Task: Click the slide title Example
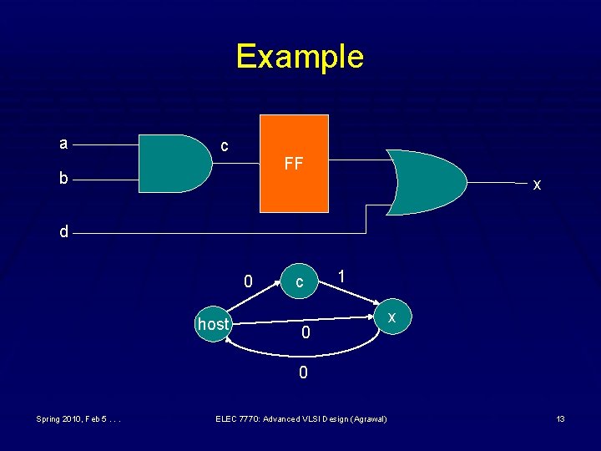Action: (x=300, y=57)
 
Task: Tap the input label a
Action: (x=63, y=144)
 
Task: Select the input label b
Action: (x=63, y=178)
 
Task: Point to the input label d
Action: (x=63, y=231)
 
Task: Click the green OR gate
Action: (x=424, y=182)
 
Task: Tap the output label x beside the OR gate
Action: (x=537, y=185)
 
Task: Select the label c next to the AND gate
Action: (x=224, y=145)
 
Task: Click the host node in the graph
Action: (x=213, y=324)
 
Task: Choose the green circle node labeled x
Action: (x=391, y=317)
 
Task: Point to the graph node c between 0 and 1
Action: (x=299, y=283)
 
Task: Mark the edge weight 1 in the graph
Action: (x=341, y=276)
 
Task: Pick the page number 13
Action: (x=561, y=418)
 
